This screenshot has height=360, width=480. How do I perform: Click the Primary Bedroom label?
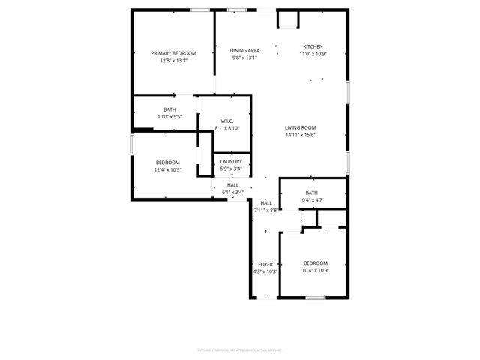point(173,53)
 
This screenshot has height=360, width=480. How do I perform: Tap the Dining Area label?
point(244,51)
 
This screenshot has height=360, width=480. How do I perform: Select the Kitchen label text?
point(313,46)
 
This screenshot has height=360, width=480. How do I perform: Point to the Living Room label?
point(300,127)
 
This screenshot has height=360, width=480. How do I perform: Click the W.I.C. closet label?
point(227,121)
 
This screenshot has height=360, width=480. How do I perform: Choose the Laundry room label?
point(231,162)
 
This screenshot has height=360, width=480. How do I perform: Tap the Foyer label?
point(265,264)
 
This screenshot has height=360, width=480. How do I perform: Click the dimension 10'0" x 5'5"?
point(170,117)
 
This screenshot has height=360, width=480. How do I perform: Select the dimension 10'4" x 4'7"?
point(311,200)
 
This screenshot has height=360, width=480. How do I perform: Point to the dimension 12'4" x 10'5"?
point(168,170)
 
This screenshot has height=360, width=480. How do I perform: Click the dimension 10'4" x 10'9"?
point(316,270)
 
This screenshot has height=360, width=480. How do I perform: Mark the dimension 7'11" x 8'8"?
point(266,211)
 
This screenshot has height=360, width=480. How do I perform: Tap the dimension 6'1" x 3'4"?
point(233,192)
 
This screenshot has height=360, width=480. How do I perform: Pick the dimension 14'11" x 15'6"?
point(300,135)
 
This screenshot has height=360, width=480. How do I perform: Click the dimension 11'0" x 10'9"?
point(313,54)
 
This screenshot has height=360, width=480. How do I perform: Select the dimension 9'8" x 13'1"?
point(244,58)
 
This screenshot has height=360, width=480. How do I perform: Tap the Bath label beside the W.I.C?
point(170,109)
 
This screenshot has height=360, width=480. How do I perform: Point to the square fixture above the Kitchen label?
point(289,20)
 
